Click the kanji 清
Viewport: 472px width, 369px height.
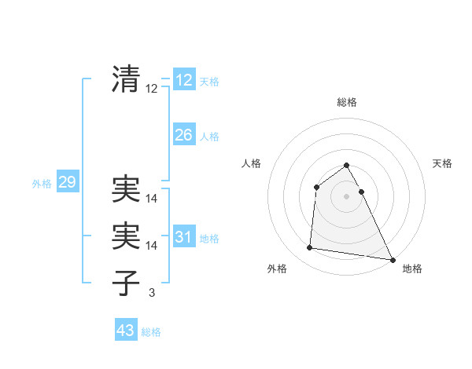point(126,79)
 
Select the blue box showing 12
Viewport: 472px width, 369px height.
point(183,79)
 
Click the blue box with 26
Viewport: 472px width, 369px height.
point(183,135)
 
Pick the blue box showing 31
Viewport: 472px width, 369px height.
point(183,237)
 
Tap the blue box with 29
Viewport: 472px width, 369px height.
point(67,183)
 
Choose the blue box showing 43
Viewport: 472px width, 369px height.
point(126,331)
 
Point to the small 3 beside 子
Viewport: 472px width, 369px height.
point(152,293)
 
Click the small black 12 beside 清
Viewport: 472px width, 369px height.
point(152,89)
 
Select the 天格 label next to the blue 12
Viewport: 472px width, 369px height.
point(209,81)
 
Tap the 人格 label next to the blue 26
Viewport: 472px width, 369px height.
point(209,137)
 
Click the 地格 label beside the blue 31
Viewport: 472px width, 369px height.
point(209,239)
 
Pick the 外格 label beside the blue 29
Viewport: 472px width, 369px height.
point(42,184)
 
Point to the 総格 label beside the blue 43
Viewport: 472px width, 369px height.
point(152,332)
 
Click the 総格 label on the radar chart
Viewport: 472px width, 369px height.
point(347,102)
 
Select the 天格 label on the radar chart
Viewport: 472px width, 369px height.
point(443,163)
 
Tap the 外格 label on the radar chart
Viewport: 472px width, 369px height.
point(277,269)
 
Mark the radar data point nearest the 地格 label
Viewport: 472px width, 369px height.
point(393,260)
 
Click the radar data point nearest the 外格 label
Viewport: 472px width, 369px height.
point(310,248)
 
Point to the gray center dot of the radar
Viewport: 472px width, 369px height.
point(347,196)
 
